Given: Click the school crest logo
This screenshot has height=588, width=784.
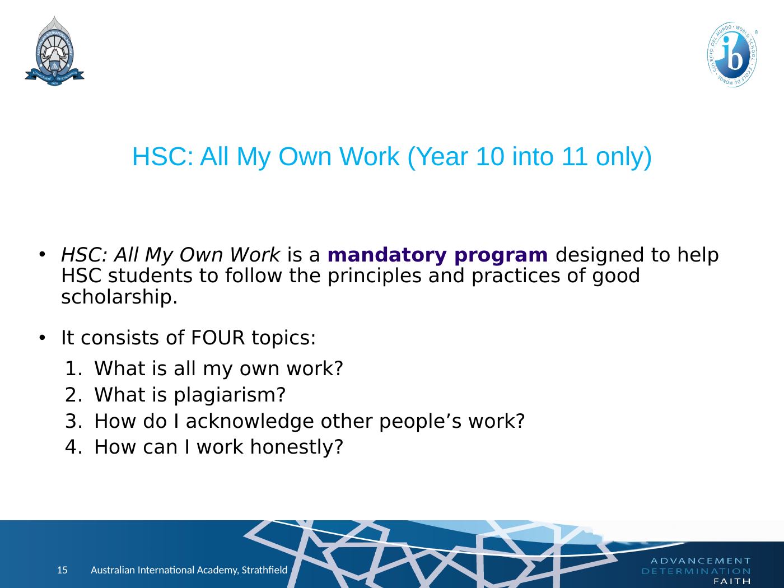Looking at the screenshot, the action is (54, 51).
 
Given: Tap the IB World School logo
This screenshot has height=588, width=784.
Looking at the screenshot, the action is (732, 54).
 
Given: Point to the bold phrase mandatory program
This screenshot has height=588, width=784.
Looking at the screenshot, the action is (437, 255).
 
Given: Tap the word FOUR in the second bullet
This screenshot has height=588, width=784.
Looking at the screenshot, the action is (218, 338).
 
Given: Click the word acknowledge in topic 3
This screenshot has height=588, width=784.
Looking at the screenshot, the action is (249, 421).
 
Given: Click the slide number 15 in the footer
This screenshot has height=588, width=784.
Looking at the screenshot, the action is (62, 570).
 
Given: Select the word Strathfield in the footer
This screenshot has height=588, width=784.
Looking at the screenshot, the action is (265, 570).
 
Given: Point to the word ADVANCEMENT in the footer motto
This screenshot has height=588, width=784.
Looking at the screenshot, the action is (701, 561).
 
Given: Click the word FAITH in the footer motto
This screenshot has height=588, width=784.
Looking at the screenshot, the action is (732, 582).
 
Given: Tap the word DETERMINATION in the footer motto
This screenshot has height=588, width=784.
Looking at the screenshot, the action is (696, 571).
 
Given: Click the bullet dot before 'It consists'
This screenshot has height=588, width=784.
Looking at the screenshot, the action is (43, 338).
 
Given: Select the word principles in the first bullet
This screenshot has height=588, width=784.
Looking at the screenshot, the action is (374, 277).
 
